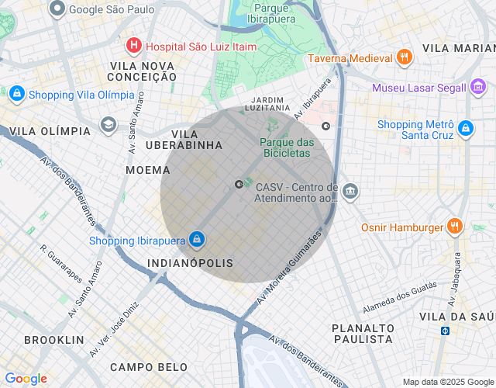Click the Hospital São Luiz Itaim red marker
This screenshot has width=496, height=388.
click(x=134, y=46)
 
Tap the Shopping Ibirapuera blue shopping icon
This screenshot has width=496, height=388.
click(x=197, y=239)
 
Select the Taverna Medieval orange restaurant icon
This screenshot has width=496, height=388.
click(x=403, y=57)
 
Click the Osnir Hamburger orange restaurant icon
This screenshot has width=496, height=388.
click(x=455, y=227)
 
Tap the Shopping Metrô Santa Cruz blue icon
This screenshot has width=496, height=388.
click(x=465, y=129)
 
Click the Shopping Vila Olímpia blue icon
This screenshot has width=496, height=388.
click(x=16, y=95)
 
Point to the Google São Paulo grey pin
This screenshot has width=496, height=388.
click(x=57, y=9)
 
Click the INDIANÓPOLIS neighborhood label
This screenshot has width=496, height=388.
click(x=190, y=264)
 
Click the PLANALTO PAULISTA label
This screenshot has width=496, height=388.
click(x=362, y=334)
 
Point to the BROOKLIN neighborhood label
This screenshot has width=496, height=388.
click(x=53, y=340)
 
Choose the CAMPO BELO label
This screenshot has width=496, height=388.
click(x=149, y=366)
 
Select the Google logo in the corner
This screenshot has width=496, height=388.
click(x=26, y=379)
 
